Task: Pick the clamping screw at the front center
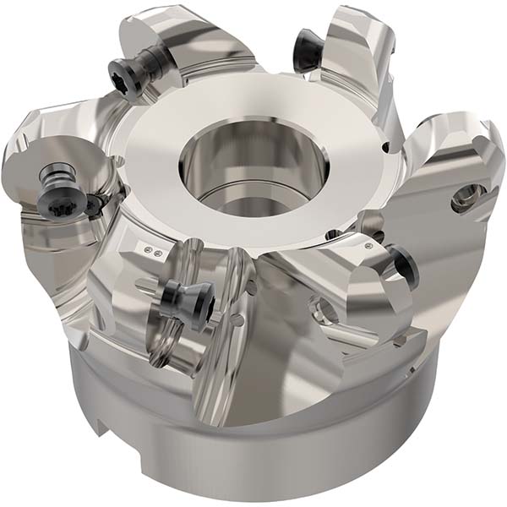(181, 297)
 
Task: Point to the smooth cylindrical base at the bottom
(279, 456)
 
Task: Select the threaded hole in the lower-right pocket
(326, 313)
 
